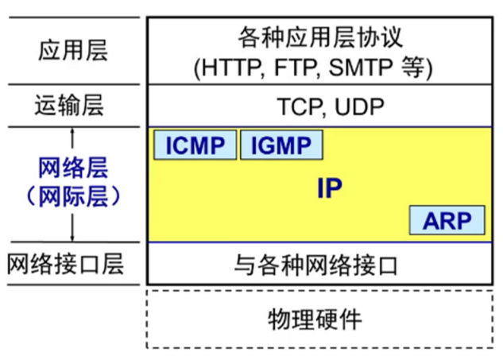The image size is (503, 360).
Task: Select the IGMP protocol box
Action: pyautogui.click(x=281, y=145)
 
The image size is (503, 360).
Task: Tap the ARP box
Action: pyautogui.click(x=447, y=220)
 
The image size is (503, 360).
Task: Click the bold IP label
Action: pyautogui.click(x=329, y=189)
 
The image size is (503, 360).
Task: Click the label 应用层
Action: pyautogui.click(x=72, y=51)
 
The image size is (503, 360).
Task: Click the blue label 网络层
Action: pyautogui.click(x=72, y=168)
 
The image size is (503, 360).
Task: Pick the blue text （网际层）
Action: pyautogui.click(x=72, y=195)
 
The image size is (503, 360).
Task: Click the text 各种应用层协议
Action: pyautogui.click(x=321, y=37)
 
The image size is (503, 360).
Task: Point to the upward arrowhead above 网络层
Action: pyautogui.click(x=72, y=133)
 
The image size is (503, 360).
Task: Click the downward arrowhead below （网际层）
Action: pyautogui.click(x=72, y=238)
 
